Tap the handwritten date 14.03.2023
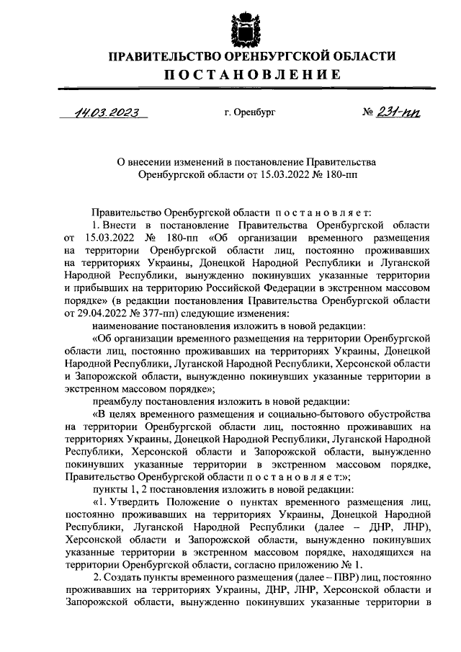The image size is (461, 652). coord(105,112)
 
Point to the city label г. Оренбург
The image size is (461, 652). coord(250,113)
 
